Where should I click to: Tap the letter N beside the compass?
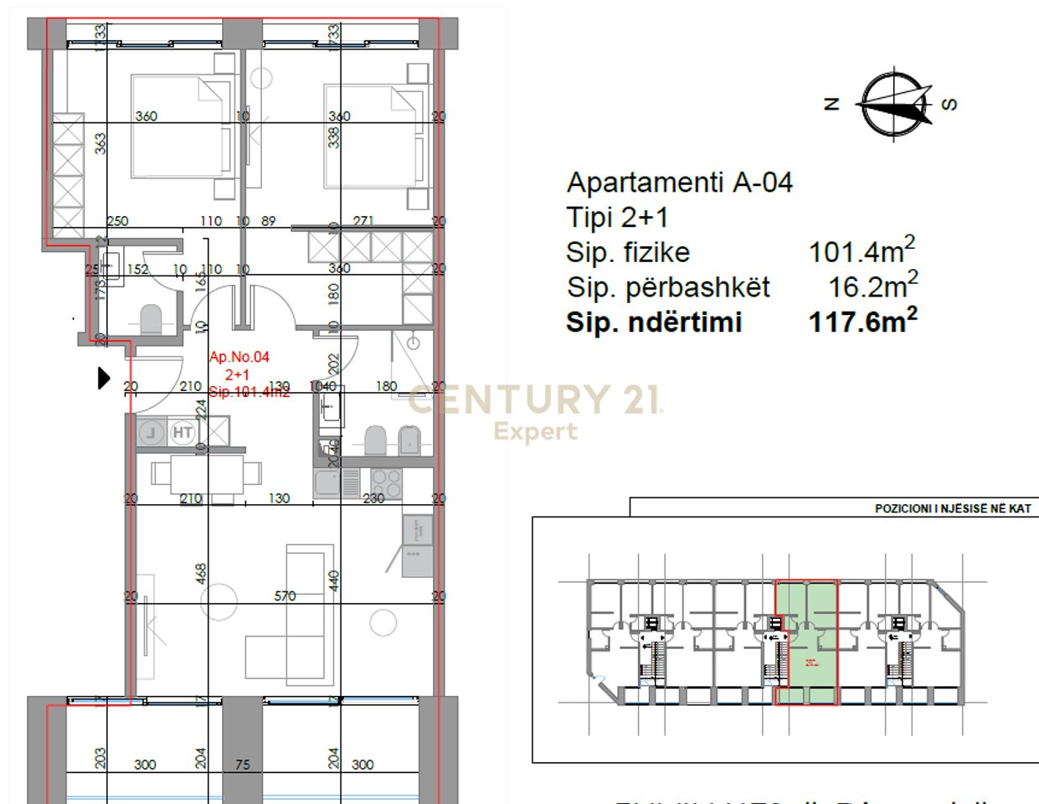pyautogui.click(x=831, y=104)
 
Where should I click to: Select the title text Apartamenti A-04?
pyautogui.click(x=679, y=183)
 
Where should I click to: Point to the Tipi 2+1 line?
pyautogui.click(x=617, y=218)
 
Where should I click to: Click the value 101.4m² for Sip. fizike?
pyautogui.click(x=862, y=251)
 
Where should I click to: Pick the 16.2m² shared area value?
pyautogui.click(x=872, y=286)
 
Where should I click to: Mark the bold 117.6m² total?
pyautogui.click(x=862, y=322)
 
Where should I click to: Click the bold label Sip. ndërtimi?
pyautogui.click(x=654, y=322)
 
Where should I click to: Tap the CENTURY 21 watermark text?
pyautogui.click(x=535, y=400)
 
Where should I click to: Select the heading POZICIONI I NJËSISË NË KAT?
pyautogui.click(x=953, y=508)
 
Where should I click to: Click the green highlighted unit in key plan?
pyautogui.click(x=806, y=641)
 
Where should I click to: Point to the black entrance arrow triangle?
pyautogui.click(x=104, y=379)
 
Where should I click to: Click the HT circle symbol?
pyautogui.click(x=183, y=433)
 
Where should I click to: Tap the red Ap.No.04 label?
pyautogui.click(x=239, y=357)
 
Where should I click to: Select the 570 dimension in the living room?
pyautogui.click(x=285, y=596)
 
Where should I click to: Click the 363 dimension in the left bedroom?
pyautogui.click(x=100, y=143)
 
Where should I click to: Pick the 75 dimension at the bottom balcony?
pyautogui.click(x=243, y=765)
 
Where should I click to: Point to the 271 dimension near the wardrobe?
pyautogui.click(x=363, y=221)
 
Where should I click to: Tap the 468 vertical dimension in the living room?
pyautogui.click(x=201, y=574)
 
